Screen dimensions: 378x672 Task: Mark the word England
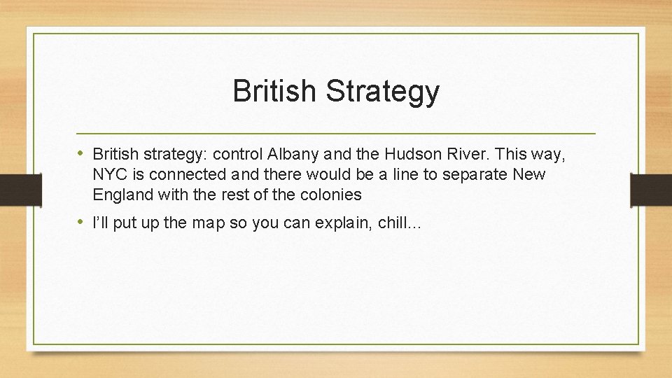coord(120,194)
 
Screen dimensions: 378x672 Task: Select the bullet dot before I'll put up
coord(82,223)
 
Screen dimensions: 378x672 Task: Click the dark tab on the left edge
coord(11,189)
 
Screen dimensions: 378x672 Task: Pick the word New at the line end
coord(529,174)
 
